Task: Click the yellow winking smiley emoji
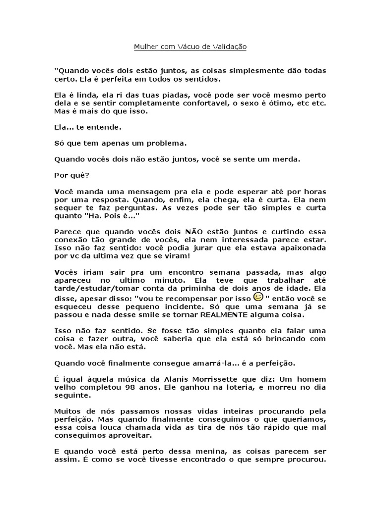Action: pyautogui.click(x=257, y=297)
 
